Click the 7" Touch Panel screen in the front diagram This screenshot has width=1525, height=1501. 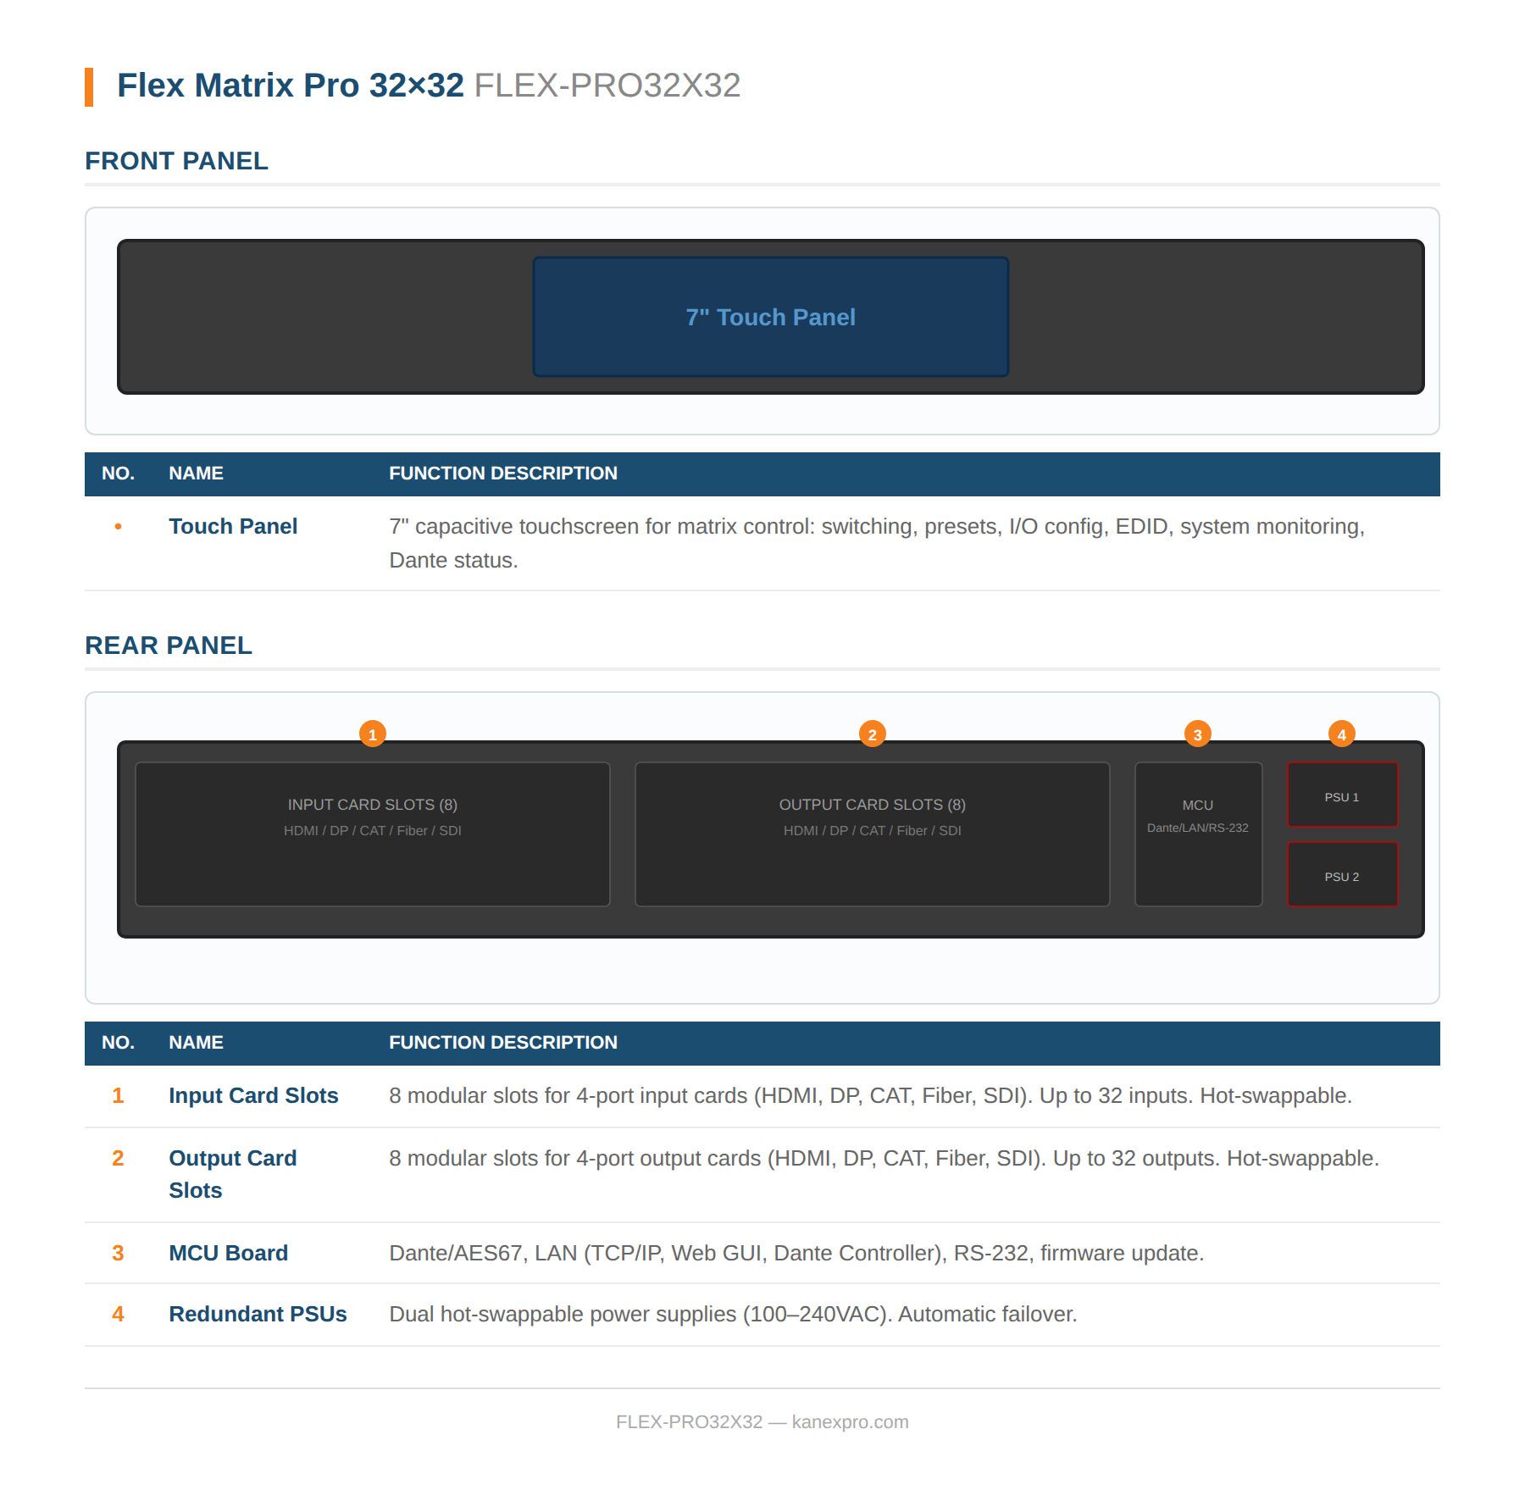click(x=770, y=317)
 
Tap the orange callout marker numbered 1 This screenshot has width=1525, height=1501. click(x=373, y=734)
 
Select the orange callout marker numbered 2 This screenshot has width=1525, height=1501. click(x=872, y=734)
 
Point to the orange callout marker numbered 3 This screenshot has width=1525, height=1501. click(x=1197, y=734)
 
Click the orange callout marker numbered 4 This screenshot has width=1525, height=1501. click(x=1341, y=734)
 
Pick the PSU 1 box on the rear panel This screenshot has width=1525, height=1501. click(x=1342, y=795)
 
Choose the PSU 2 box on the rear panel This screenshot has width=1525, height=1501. click(x=1342, y=875)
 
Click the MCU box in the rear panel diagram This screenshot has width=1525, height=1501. click(x=1198, y=834)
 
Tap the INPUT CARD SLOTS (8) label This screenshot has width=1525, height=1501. click(x=373, y=805)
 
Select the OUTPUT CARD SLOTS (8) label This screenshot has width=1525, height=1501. click(x=872, y=805)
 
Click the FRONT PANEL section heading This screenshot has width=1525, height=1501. click(x=176, y=161)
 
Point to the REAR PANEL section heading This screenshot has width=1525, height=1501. click(x=169, y=645)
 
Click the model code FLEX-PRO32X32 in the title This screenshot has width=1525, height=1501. click(x=607, y=86)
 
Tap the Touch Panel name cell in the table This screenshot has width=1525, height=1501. click(x=233, y=527)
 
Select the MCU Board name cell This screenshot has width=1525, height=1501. click(x=229, y=1253)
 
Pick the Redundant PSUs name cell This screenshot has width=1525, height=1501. click(x=258, y=1314)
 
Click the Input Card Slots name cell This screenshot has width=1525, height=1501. click(x=253, y=1095)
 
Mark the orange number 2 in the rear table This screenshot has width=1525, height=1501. click(x=118, y=1158)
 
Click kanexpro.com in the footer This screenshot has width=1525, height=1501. click(x=850, y=1422)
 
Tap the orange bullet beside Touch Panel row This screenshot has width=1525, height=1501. click(x=118, y=527)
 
